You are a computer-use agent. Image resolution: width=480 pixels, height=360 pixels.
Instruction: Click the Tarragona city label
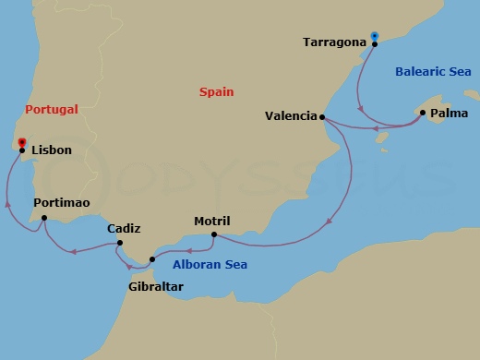[x=335, y=42]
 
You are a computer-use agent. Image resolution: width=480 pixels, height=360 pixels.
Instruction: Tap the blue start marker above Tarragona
[x=374, y=36]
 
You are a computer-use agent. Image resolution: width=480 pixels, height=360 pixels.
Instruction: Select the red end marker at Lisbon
[x=20, y=142]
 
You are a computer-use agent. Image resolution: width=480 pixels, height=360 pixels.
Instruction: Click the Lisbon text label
[x=52, y=150]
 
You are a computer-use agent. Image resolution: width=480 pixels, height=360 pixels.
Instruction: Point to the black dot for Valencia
[x=321, y=117]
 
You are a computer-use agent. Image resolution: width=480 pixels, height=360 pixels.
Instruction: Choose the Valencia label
[x=289, y=116]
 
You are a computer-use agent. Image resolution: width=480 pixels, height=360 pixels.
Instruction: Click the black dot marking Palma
[x=422, y=113]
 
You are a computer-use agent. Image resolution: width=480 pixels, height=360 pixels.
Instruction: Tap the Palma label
[x=446, y=114]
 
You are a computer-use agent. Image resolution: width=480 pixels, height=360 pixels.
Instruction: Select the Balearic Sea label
[x=433, y=71]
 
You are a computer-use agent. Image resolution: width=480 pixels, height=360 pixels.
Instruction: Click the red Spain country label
[x=216, y=91]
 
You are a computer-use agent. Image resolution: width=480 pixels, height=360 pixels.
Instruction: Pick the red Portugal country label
[x=52, y=109]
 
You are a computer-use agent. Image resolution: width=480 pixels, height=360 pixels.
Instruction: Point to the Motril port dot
[x=213, y=234]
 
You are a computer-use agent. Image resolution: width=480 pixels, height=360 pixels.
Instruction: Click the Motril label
[x=211, y=221]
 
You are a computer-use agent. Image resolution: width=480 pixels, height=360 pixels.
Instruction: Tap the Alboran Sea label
[x=210, y=265]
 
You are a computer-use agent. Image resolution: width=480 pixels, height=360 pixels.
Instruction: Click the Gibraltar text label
[x=156, y=287]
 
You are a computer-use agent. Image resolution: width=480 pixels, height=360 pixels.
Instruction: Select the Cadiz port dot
[x=119, y=244]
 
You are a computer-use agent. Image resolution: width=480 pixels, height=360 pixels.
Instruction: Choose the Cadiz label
[x=124, y=228]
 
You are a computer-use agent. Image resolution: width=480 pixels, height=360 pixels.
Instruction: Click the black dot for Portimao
[x=44, y=218]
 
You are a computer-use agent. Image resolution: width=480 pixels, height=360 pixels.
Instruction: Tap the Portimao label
[x=61, y=202]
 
